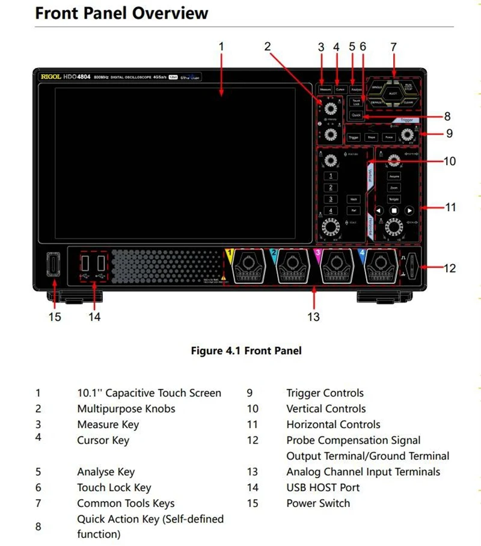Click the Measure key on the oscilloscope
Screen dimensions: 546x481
tap(326, 88)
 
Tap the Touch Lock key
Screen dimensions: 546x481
tap(356, 102)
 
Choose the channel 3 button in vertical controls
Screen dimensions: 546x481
tap(330, 198)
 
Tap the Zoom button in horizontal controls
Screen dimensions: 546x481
tap(394, 188)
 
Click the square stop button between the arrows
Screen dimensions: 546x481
tap(394, 210)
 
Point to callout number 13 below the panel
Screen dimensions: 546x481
tap(313, 316)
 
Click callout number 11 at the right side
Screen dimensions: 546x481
tap(451, 207)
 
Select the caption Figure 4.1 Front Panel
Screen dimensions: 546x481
tap(246, 351)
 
